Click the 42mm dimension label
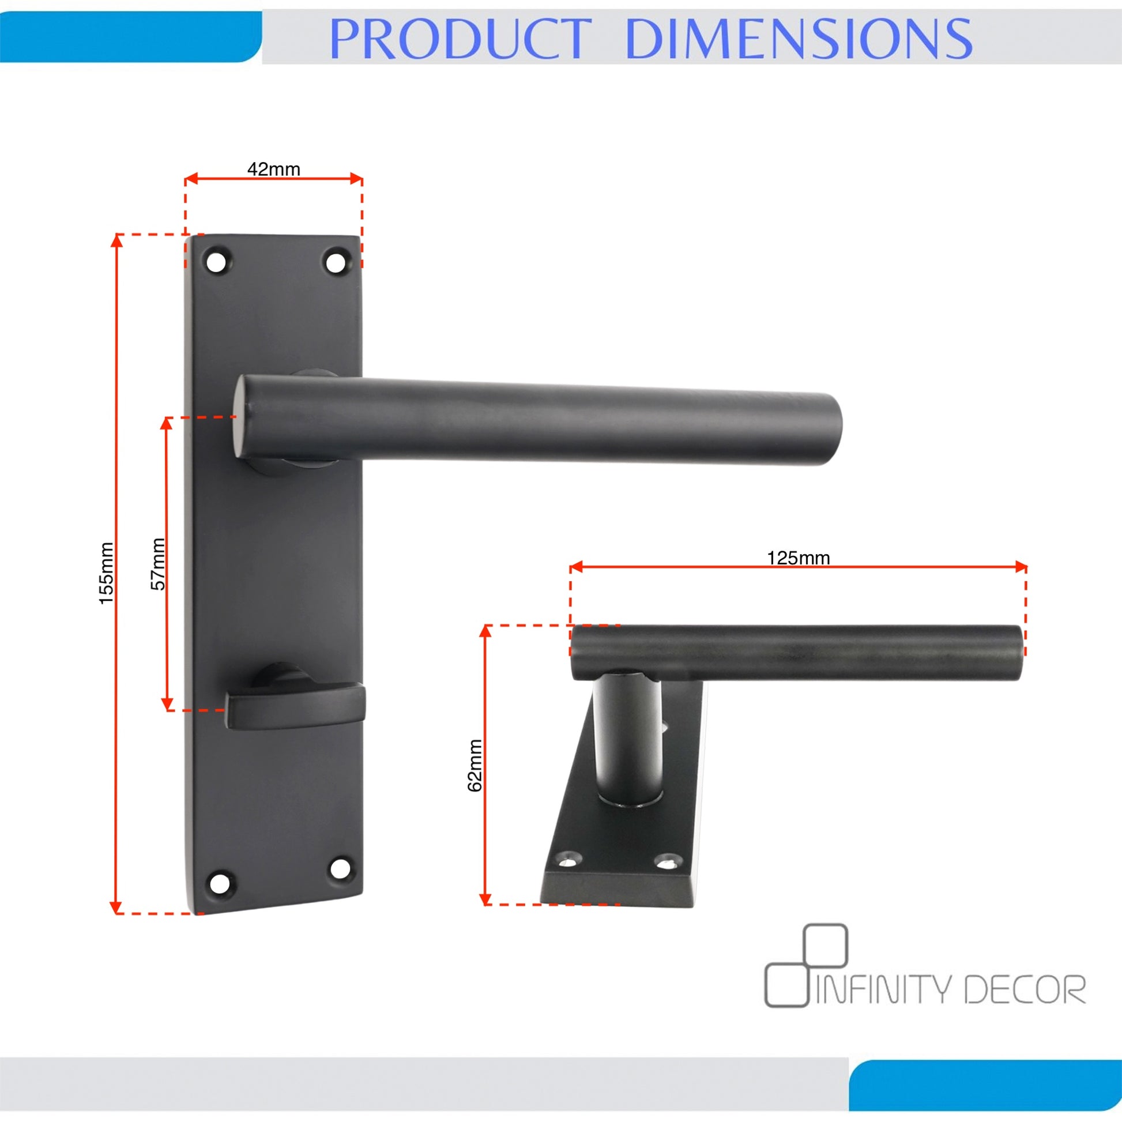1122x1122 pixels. [273, 170]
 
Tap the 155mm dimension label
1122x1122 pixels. [106, 573]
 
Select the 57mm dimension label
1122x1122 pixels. [158, 564]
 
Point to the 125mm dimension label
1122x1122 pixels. [799, 558]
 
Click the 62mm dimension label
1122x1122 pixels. [475, 766]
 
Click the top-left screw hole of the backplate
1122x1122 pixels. [217, 261]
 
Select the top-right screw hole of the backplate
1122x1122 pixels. [335, 262]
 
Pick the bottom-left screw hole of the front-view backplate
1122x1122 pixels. [219, 884]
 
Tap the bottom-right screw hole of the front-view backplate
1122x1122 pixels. [340, 869]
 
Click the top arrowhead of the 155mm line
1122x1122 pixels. [116, 240]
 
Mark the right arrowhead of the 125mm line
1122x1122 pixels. [1020, 567]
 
